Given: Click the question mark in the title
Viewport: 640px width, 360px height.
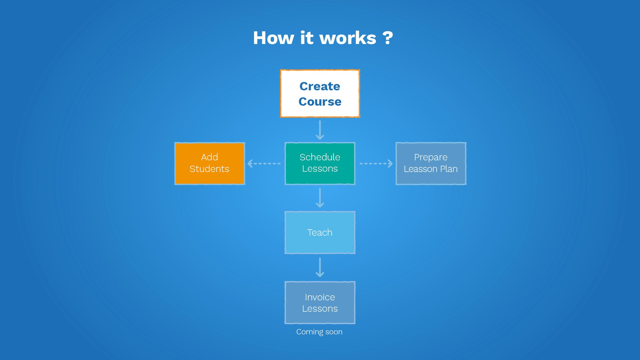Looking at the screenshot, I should click(x=388, y=38).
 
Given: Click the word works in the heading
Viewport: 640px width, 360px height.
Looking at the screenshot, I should click(x=348, y=38).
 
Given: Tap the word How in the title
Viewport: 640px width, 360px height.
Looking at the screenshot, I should click(x=273, y=38).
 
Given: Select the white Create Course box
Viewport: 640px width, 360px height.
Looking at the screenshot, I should click(x=320, y=93).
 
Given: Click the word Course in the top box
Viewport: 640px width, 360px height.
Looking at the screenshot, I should click(x=320, y=102).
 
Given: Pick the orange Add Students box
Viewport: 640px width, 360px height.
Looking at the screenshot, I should click(x=210, y=163).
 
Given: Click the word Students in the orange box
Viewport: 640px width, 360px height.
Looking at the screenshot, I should click(x=209, y=169).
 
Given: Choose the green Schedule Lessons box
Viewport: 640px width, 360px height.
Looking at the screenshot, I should click(x=320, y=163).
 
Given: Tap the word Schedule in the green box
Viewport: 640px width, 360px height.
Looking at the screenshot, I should click(x=320, y=157).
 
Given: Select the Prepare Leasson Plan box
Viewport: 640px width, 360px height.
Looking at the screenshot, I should click(x=431, y=163).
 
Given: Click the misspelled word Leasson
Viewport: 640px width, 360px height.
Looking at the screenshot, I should click(x=420, y=169).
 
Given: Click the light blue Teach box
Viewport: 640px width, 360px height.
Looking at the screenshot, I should click(x=320, y=232).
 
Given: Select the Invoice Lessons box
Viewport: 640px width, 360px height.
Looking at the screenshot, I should click(x=320, y=302).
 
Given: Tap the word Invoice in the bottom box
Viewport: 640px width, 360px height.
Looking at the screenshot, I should click(x=320, y=297).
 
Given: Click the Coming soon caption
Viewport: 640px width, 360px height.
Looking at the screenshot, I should click(x=319, y=332).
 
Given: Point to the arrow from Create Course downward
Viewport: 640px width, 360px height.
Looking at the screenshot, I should click(x=320, y=130).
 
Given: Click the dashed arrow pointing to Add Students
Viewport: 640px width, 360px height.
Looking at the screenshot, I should click(x=264, y=164).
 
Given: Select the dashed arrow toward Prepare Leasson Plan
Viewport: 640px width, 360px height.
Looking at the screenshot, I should click(x=376, y=164).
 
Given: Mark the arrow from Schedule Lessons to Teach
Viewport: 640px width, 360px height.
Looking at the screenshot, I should click(x=320, y=198).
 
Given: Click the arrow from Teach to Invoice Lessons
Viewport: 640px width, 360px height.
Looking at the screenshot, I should click(x=320, y=267).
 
